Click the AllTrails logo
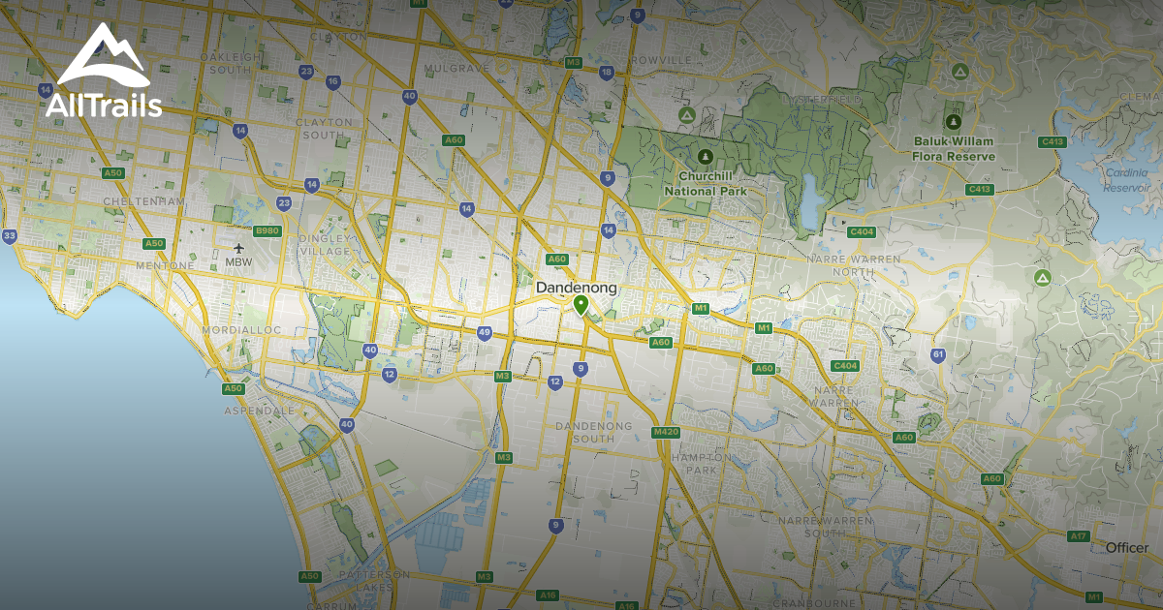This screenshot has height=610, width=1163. (x=103, y=72)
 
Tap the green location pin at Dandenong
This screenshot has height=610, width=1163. (x=581, y=306)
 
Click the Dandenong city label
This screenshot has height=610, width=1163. (x=577, y=288)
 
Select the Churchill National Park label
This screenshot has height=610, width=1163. (x=704, y=184)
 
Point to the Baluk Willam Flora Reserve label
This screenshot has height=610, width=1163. (x=954, y=148)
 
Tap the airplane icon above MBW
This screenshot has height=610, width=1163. (x=238, y=247)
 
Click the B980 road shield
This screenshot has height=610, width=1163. (x=267, y=231)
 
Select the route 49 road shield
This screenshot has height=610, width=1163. (x=485, y=333)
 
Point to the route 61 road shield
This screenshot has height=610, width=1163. (x=938, y=354)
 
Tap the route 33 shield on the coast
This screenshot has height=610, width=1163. (x=10, y=235)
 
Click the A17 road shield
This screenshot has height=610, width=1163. (x=1079, y=535)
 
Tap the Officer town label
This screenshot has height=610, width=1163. (x=1126, y=548)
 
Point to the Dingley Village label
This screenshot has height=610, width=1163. (x=325, y=244)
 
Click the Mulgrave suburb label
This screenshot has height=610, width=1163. (x=452, y=70)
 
